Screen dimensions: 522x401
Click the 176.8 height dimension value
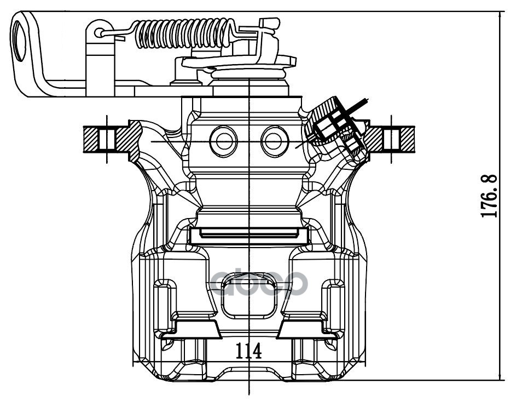489,196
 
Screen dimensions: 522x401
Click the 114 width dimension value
248,351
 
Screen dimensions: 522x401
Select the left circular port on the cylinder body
223,141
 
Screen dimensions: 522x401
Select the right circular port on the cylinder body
275,141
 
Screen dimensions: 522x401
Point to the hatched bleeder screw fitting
337,127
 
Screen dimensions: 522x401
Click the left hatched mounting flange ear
113,140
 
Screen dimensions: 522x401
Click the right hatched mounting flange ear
390,140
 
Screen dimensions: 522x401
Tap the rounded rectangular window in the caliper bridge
248,295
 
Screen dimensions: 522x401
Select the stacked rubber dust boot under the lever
248,73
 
